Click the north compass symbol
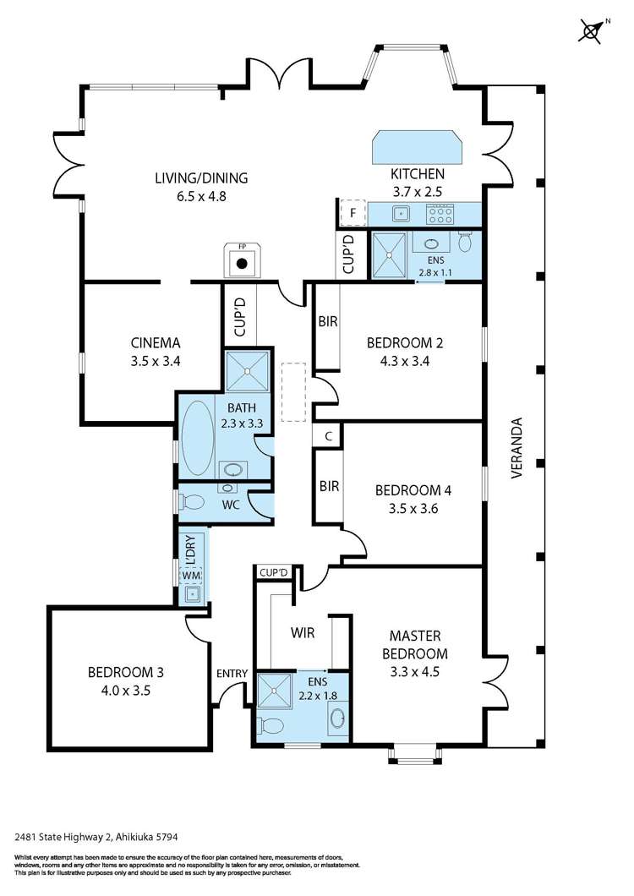coord(591,31)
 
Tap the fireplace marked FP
coord(242,261)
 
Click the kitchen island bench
coord(417,147)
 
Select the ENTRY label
coord(232,673)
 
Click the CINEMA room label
coord(156,343)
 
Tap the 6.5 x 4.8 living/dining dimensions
coord(200,195)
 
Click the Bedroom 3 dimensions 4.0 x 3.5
coord(125,690)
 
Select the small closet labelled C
coord(328,436)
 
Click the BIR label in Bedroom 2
coord(328,322)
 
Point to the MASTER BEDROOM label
coord(418,644)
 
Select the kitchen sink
coord(402,213)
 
